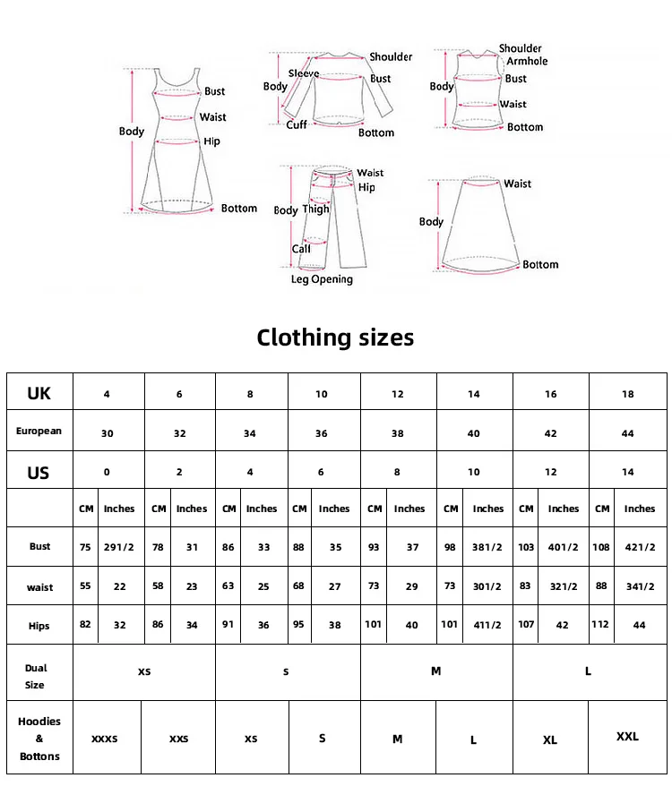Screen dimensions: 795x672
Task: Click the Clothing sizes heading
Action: click(335, 338)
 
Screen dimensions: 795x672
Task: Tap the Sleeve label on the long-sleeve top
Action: click(303, 73)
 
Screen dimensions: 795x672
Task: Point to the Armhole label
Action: click(527, 61)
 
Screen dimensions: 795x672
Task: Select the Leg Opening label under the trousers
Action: click(322, 279)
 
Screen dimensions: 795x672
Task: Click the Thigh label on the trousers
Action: click(315, 209)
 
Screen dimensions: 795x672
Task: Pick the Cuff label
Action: click(297, 125)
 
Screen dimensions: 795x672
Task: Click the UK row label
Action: click(39, 393)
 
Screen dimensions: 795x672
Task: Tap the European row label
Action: click(39, 432)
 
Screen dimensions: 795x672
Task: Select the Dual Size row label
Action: click(36, 676)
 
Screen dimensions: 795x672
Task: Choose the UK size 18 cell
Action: click(627, 394)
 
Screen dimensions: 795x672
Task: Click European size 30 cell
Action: click(108, 433)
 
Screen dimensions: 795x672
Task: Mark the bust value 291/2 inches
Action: click(119, 547)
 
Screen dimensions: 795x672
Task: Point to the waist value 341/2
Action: click(640, 586)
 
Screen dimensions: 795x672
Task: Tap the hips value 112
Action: click(602, 625)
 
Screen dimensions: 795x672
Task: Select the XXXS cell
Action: click(105, 739)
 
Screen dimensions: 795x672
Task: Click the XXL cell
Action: click(627, 737)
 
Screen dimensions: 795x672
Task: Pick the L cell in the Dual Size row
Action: click(588, 671)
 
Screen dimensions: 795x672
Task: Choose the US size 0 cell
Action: click(108, 472)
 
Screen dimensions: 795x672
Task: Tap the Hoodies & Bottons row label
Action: click(39, 739)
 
